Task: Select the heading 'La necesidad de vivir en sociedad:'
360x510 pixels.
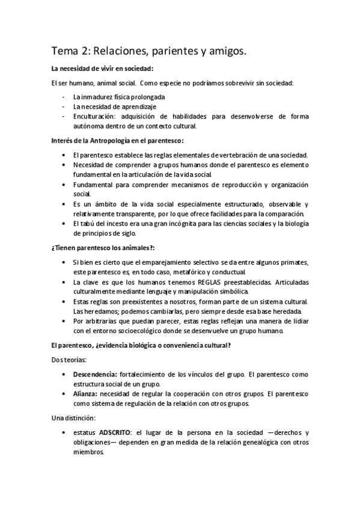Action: point(102,69)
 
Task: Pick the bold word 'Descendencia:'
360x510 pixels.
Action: point(94,374)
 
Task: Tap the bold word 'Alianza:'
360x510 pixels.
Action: point(86,393)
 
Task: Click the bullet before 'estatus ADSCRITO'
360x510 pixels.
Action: point(64,432)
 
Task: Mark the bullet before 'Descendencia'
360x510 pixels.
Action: point(64,374)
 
